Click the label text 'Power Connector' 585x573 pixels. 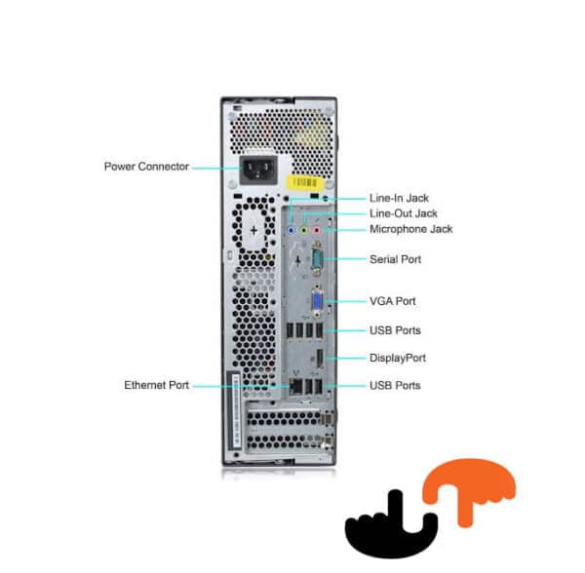(146, 166)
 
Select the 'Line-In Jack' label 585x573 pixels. (401, 198)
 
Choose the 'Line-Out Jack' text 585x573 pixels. (404, 213)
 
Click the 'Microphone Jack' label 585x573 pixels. (410, 229)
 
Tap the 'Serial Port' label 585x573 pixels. (396, 259)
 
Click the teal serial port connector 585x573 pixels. (316, 260)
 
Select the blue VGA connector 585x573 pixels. (317, 302)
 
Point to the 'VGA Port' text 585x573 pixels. (393, 301)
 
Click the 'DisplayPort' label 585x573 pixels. (398, 358)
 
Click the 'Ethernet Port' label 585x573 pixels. (156, 385)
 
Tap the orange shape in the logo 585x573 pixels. (475, 486)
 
